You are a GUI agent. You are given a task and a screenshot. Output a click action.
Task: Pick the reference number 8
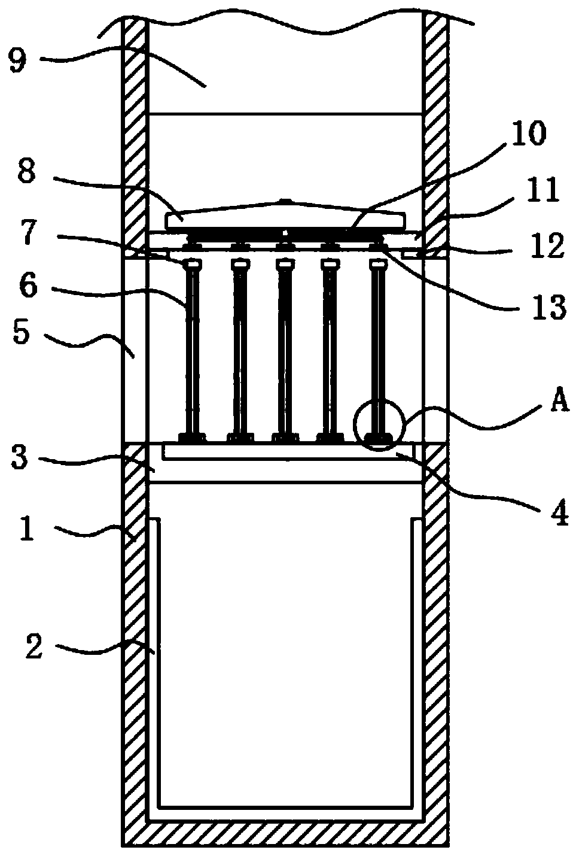tap(26, 173)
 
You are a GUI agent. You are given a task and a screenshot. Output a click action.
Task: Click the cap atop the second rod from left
tap(240, 264)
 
